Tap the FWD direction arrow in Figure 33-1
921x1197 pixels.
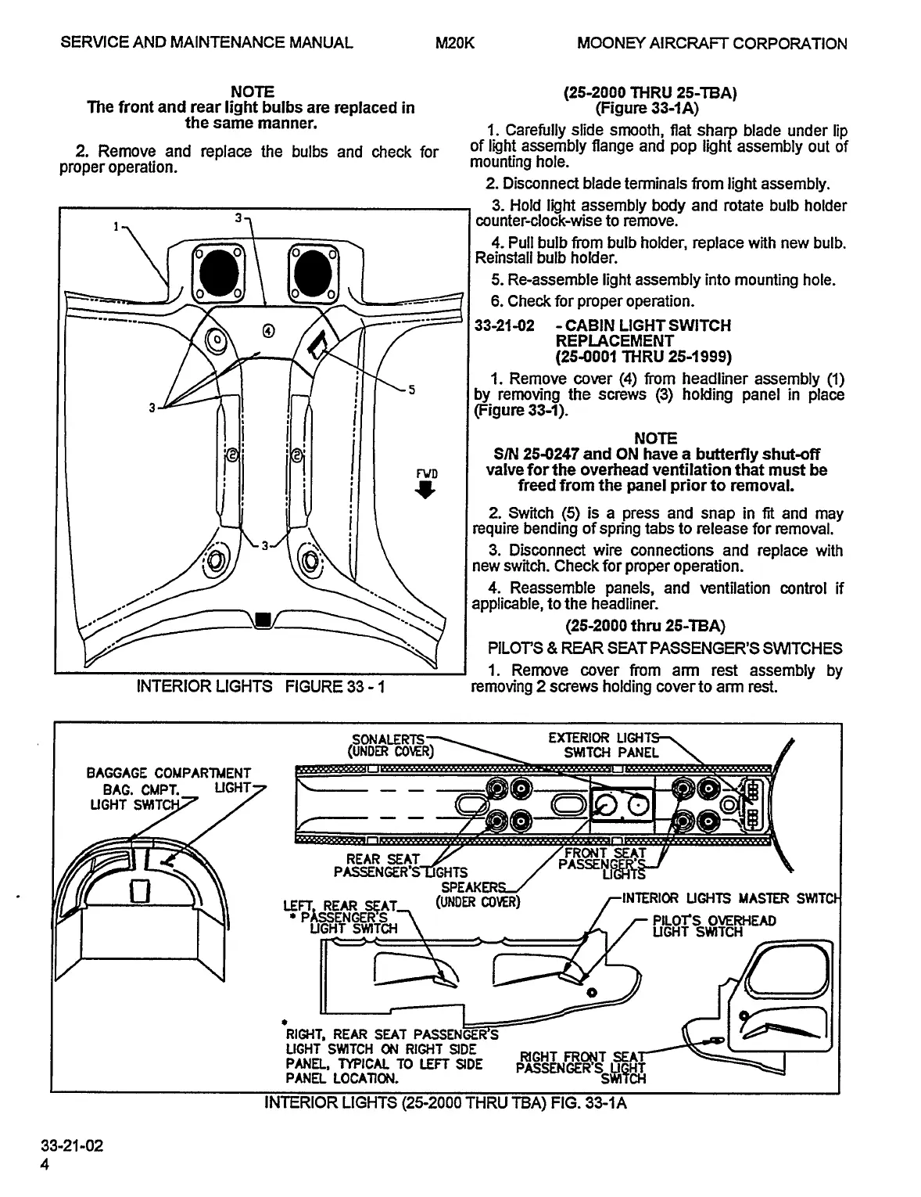point(425,490)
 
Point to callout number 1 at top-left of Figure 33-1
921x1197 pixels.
point(115,227)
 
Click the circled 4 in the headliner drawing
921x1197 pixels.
point(268,330)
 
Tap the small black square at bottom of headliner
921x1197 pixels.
point(263,620)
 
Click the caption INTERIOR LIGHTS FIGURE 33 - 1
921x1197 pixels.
point(261,687)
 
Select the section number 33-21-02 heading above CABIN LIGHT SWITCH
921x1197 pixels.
point(504,325)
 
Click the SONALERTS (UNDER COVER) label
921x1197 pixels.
point(389,746)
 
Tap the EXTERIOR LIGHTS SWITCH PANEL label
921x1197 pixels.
point(606,746)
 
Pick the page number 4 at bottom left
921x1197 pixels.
point(45,1165)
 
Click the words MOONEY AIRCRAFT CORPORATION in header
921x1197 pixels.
point(711,43)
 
